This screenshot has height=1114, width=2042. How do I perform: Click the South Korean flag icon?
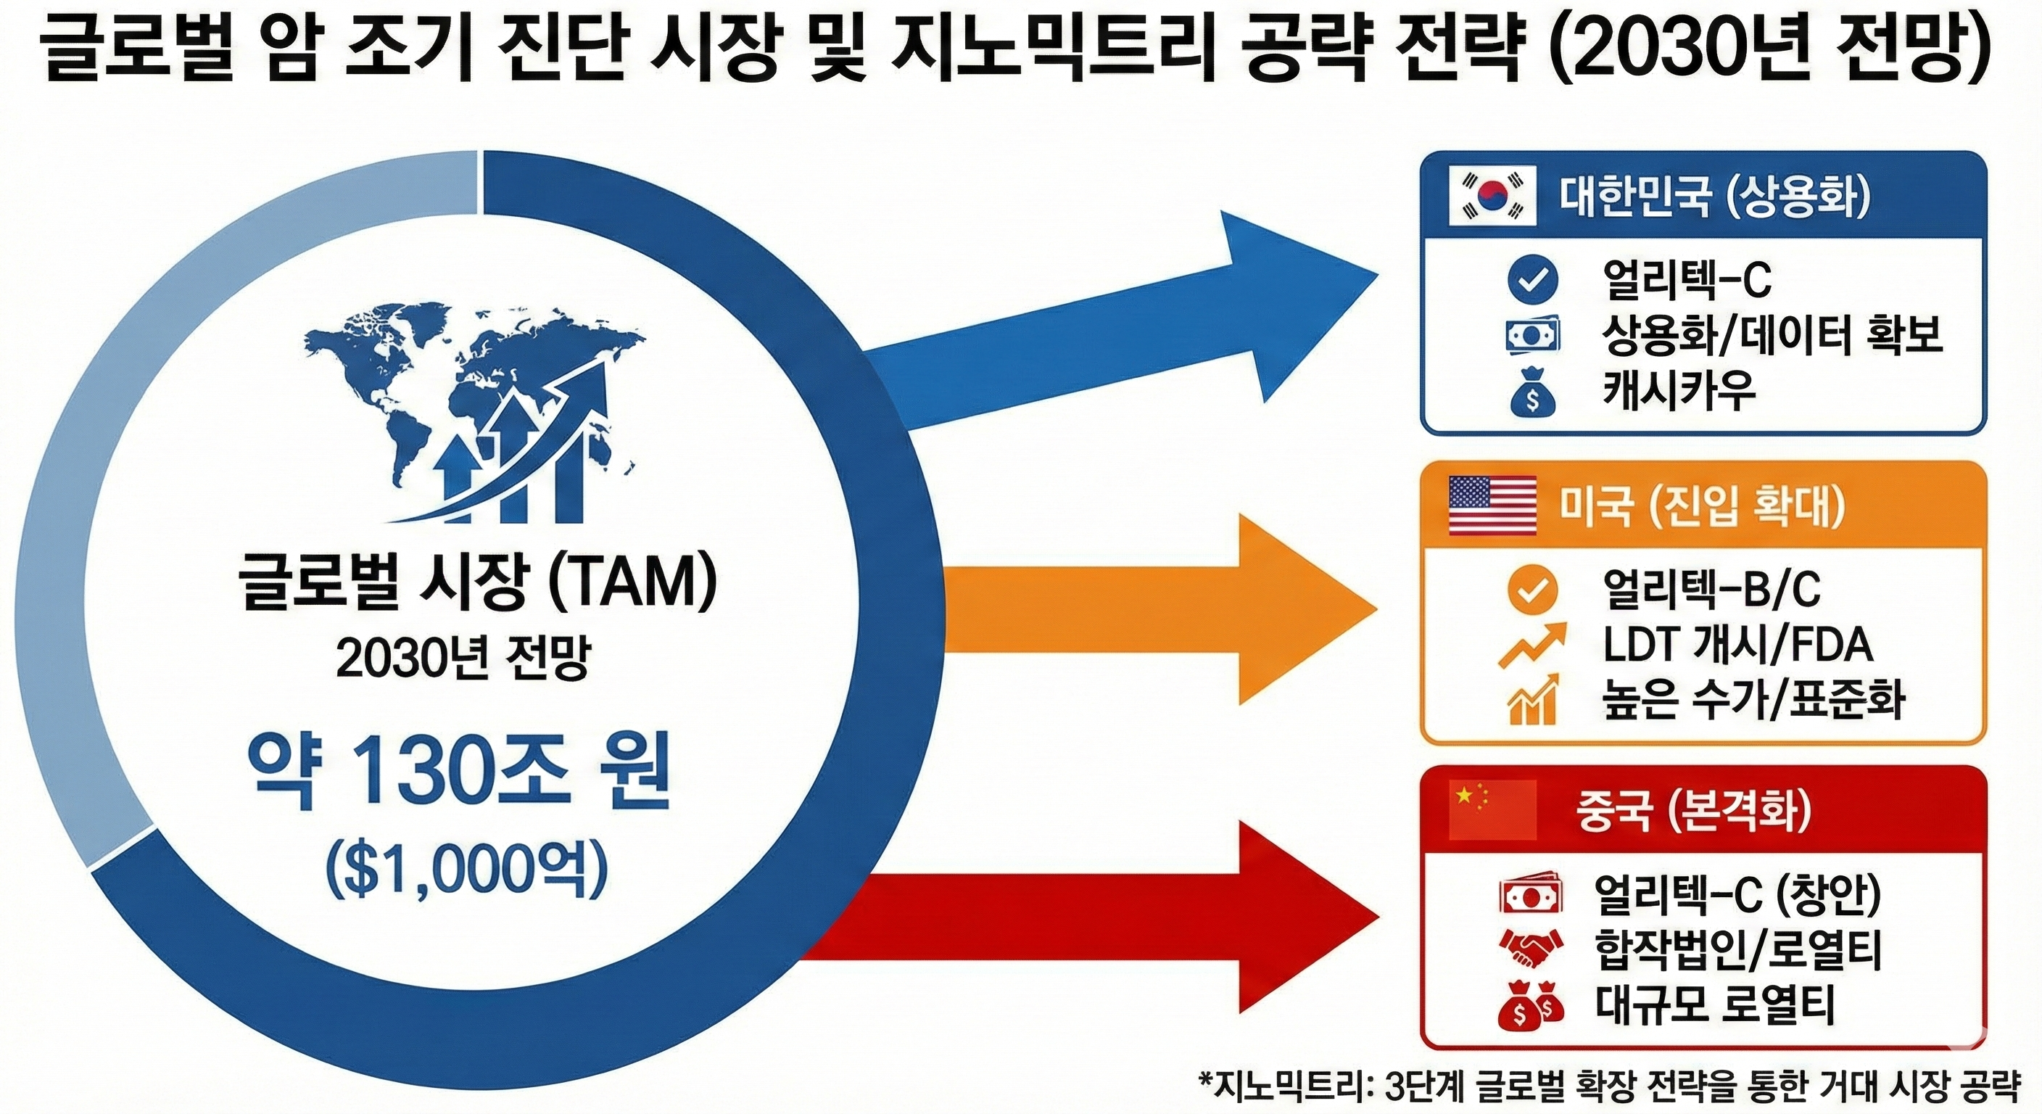click(x=1491, y=196)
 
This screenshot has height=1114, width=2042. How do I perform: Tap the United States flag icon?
click(x=1491, y=505)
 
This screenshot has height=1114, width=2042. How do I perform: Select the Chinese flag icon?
click(x=1491, y=810)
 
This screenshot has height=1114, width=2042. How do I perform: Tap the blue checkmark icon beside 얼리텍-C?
click(x=1531, y=279)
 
